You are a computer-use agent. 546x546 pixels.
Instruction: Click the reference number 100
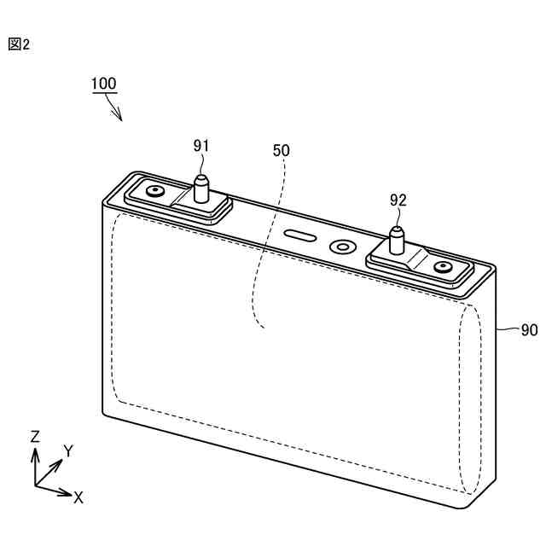(x=104, y=84)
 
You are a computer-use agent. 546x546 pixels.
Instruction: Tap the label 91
(x=200, y=146)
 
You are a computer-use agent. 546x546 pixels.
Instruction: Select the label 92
(x=398, y=200)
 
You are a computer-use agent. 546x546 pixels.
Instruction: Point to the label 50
(x=281, y=150)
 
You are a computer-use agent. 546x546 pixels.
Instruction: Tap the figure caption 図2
(x=19, y=44)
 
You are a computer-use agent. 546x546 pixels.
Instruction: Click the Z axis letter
(x=35, y=436)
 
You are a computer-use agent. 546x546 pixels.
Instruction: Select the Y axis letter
(x=69, y=450)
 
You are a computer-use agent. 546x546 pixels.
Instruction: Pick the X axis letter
(x=78, y=497)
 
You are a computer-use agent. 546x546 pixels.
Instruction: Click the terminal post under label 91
(x=202, y=189)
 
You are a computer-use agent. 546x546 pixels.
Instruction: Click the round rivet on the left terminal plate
(x=155, y=191)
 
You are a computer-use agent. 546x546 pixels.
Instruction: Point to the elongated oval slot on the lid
(x=299, y=235)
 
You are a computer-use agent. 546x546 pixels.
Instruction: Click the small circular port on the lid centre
(x=343, y=247)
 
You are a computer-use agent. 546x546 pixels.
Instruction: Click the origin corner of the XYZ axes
(x=36, y=485)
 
